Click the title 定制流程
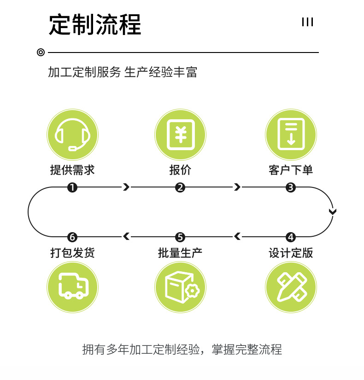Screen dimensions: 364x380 [x=95, y=24]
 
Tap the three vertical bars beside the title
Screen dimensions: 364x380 [x=307, y=22]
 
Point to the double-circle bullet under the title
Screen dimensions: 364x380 [x=41, y=53]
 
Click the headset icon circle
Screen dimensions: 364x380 [x=72, y=135]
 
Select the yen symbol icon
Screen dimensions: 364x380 [x=180, y=135]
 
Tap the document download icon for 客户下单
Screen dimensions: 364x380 [x=291, y=135]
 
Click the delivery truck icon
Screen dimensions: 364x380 [x=72, y=286]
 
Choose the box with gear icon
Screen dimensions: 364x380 [x=180, y=286]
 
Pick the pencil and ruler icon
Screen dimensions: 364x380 [x=291, y=286]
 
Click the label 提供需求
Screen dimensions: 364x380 [x=72, y=170]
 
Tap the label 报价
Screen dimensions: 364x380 [x=180, y=170]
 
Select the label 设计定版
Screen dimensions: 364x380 [x=291, y=253]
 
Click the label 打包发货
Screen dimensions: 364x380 [x=72, y=253]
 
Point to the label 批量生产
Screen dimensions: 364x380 [x=180, y=253]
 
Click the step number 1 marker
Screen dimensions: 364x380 [x=72, y=187]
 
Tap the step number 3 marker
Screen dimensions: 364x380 [x=291, y=187]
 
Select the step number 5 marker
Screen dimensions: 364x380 [x=180, y=237]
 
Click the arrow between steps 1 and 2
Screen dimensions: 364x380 [x=126, y=187]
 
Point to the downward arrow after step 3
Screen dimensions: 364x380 [x=333, y=211]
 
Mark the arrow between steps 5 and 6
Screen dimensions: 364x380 [x=126, y=237]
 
